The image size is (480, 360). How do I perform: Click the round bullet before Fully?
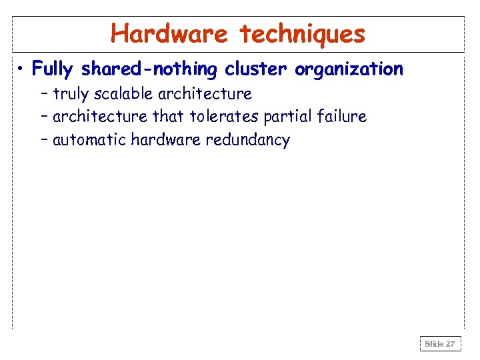(22, 68)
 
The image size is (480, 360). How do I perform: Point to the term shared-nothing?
(151, 69)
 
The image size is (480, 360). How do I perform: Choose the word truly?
(70, 94)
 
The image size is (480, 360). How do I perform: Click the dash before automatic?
(44, 141)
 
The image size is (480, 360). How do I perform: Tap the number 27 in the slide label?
(450, 344)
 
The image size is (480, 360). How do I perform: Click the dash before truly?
(44, 94)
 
